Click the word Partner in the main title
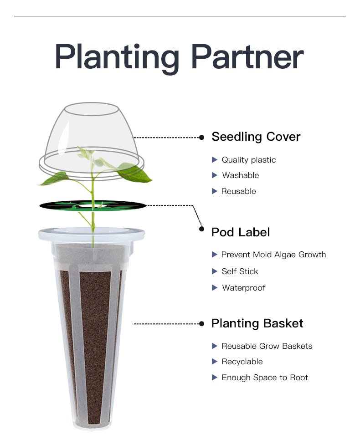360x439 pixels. coord(247,58)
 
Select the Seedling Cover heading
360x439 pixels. coord(256,137)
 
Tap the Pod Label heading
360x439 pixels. coord(240,232)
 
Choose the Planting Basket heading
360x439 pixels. coord(257,323)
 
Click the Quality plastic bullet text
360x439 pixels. coord(248,160)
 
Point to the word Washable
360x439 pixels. coord(240,175)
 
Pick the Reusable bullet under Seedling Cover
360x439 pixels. coord(238,191)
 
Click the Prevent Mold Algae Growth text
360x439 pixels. coord(273,255)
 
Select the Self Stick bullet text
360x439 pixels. coord(240,271)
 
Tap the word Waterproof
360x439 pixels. coord(243,288)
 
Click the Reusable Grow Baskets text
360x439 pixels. coord(267,346)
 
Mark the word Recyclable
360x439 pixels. coord(242,362)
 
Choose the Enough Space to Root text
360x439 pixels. coord(264,378)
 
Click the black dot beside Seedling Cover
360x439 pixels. coord(201,137)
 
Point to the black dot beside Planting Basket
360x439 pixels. coord(201,324)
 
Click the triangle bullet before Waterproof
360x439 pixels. coord(215,288)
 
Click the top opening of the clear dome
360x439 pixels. coord(91,109)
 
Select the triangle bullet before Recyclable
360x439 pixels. coord(215,362)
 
